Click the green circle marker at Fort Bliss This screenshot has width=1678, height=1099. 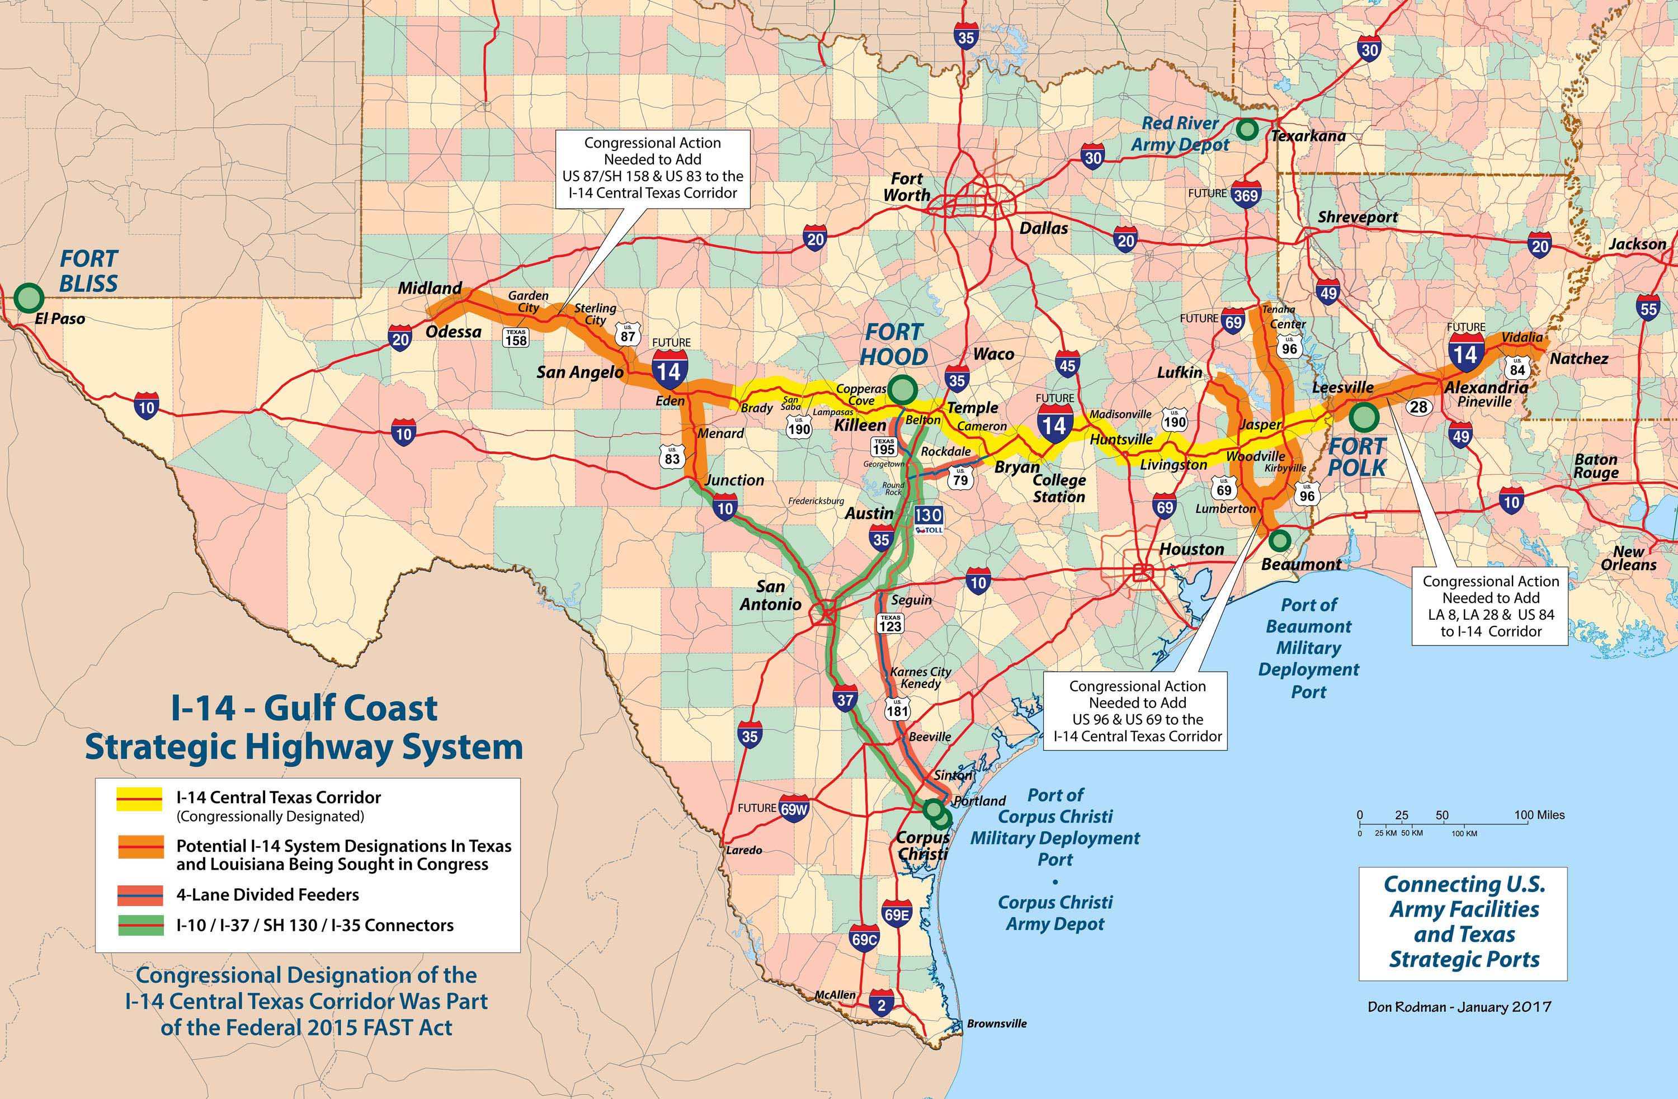[28, 298]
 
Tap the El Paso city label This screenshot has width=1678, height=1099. [60, 319]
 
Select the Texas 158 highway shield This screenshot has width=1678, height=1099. [516, 338]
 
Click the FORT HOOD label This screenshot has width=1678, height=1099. [894, 344]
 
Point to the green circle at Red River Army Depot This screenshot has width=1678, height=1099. [1247, 129]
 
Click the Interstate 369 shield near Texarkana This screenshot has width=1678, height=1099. [1246, 195]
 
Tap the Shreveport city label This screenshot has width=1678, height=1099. [1357, 217]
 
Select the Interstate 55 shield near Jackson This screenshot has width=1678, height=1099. [1648, 309]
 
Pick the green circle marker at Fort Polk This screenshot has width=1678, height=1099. [1364, 417]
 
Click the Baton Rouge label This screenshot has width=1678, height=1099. [1596, 465]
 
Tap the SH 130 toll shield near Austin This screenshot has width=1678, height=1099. [928, 518]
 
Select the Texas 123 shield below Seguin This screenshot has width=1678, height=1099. [890, 623]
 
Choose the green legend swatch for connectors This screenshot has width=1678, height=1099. [140, 925]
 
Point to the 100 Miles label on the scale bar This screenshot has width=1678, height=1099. [1539, 815]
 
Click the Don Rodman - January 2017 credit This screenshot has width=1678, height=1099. [1459, 1007]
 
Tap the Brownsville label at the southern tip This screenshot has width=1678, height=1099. [996, 1023]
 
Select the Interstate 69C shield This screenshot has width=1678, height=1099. [864, 940]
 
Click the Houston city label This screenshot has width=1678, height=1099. [1191, 549]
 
